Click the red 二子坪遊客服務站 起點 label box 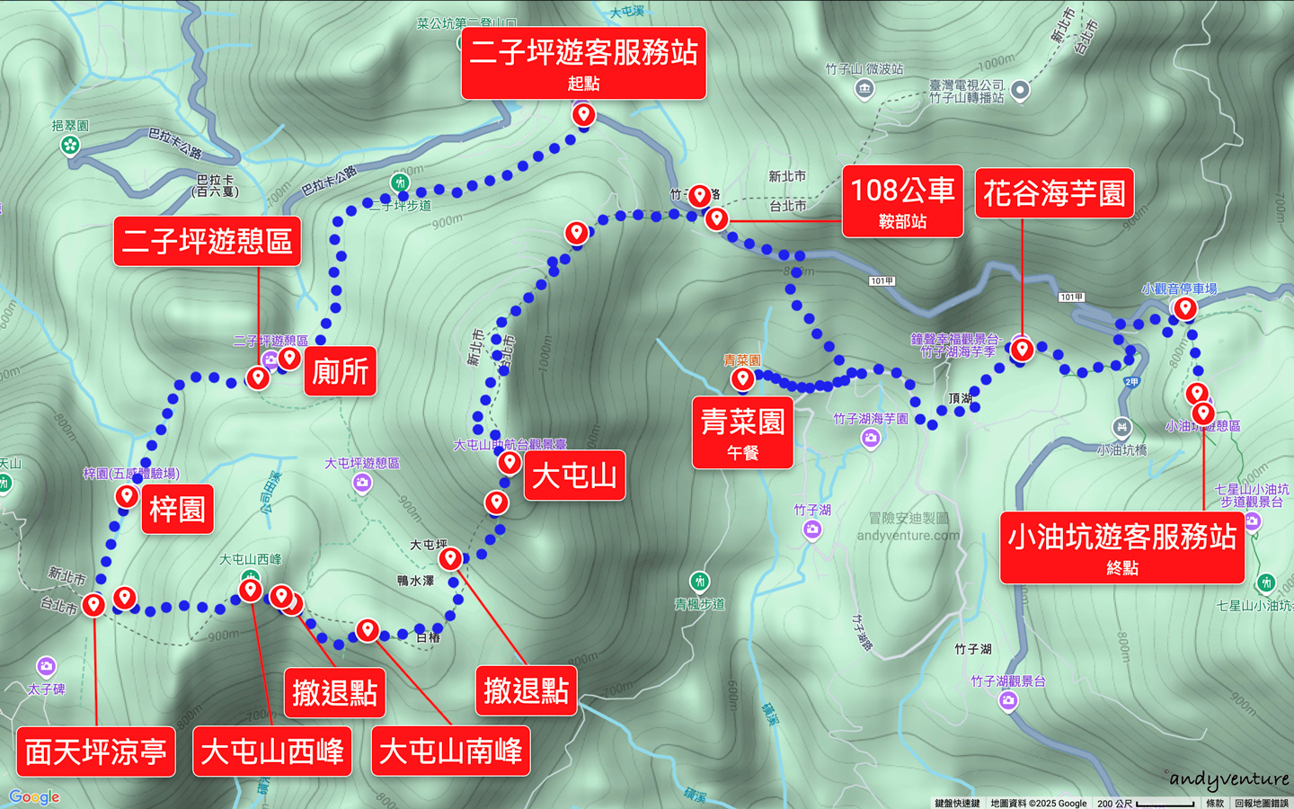pyautogui.click(x=583, y=63)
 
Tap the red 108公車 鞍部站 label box pyautogui.click(x=902, y=201)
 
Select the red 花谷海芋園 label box pyautogui.click(x=1054, y=193)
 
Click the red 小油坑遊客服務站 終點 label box pyautogui.click(x=1121, y=547)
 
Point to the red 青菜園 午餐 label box pyautogui.click(x=742, y=432)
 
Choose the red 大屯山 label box pyautogui.click(x=574, y=476)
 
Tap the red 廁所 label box pyautogui.click(x=340, y=371)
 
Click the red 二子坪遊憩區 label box pyautogui.click(x=207, y=241)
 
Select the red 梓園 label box pyautogui.click(x=177, y=510)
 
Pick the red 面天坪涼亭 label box pyautogui.click(x=95, y=751)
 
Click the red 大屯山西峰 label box pyautogui.click(x=272, y=751)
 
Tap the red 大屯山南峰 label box pyautogui.click(x=450, y=751)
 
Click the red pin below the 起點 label pyautogui.click(x=583, y=115)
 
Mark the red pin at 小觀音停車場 pyautogui.click(x=1185, y=308)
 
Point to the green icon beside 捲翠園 pyautogui.click(x=70, y=145)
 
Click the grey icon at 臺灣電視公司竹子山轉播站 pyautogui.click(x=1019, y=89)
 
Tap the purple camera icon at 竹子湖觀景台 pyautogui.click(x=1008, y=700)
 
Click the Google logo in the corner pyautogui.click(x=34, y=797)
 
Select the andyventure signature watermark pyautogui.click(x=1228, y=779)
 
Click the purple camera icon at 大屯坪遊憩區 pyautogui.click(x=362, y=483)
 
